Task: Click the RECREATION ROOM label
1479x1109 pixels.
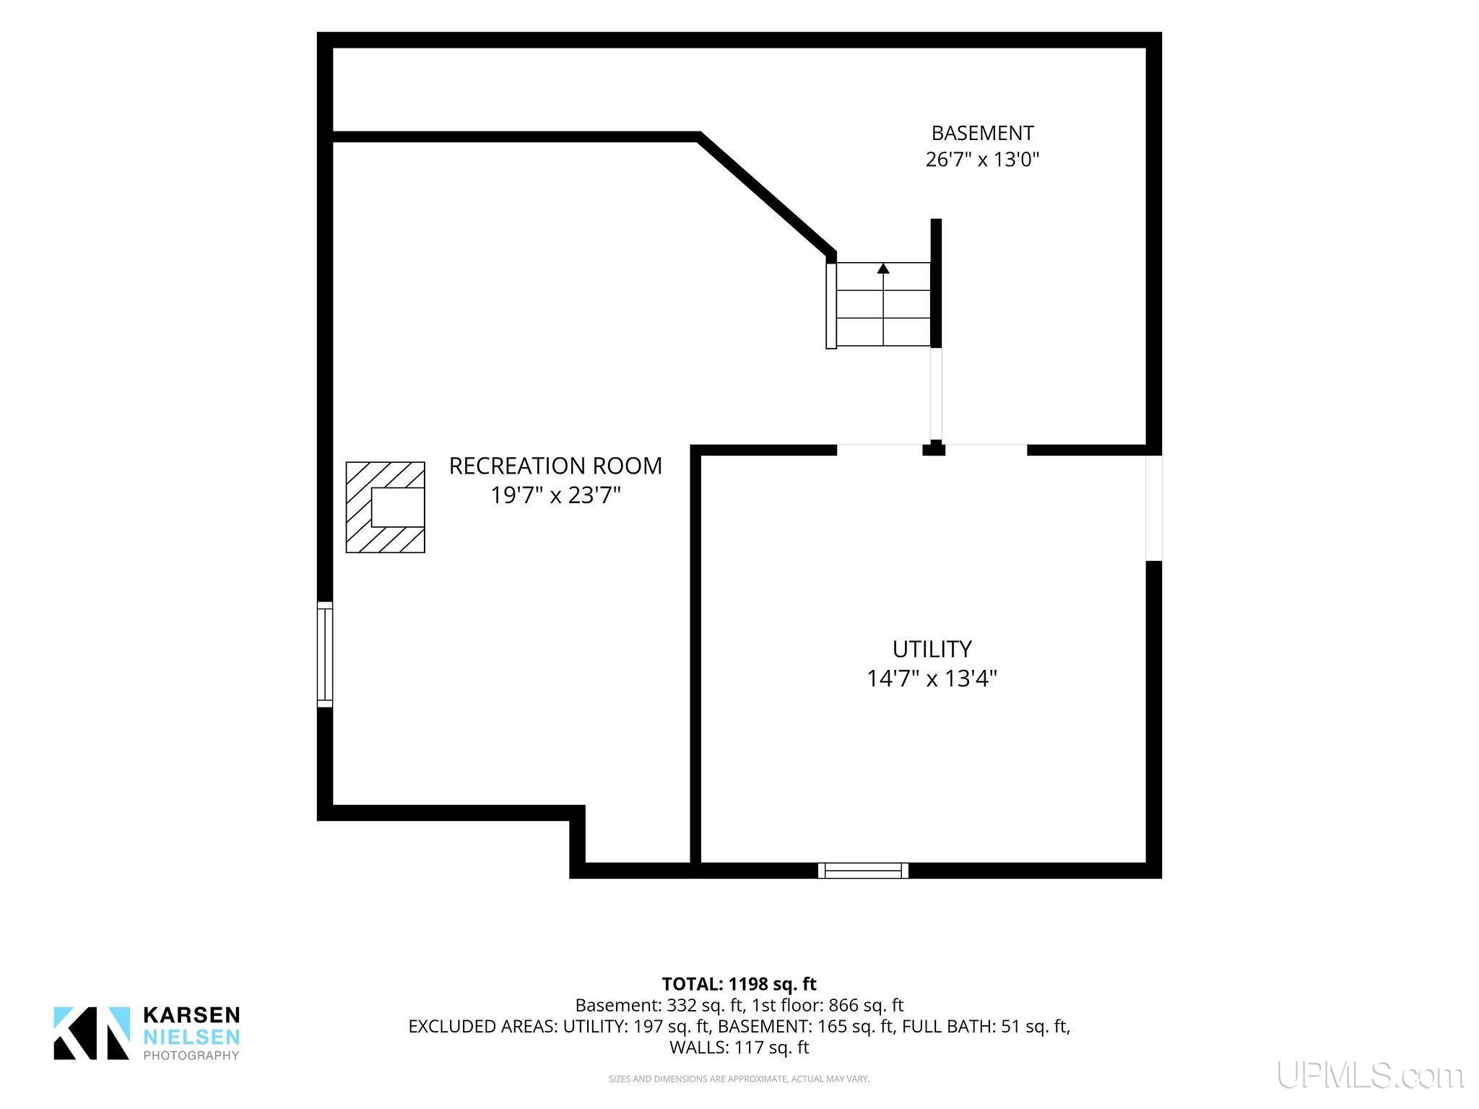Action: coord(555,466)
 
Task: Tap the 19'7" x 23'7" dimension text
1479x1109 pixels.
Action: coord(556,496)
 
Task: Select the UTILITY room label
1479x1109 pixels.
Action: coord(932,649)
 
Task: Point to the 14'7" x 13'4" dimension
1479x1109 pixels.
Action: coord(932,679)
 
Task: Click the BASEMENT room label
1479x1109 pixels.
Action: coord(982,134)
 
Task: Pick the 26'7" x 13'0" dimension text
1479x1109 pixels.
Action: coord(982,160)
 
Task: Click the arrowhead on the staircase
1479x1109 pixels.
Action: coord(883,269)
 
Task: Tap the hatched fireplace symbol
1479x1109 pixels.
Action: coord(386,508)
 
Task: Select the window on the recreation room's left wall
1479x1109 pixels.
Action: coord(325,654)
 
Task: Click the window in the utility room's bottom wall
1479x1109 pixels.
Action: coord(863,871)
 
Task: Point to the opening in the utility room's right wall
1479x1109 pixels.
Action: coord(1154,508)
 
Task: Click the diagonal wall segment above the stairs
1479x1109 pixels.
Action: coord(767,195)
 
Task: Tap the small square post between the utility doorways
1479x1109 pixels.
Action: coord(934,448)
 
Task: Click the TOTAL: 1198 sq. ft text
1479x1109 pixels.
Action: coord(739,983)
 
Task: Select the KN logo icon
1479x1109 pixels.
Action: coord(92,1033)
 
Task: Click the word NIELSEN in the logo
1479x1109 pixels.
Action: coord(192,1037)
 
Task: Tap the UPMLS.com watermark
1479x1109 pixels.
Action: coord(1370,1075)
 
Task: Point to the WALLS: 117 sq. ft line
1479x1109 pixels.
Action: coord(739,1047)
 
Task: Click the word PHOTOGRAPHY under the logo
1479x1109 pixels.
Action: coord(191,1056)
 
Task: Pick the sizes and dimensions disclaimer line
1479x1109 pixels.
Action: coord(739,1079)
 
